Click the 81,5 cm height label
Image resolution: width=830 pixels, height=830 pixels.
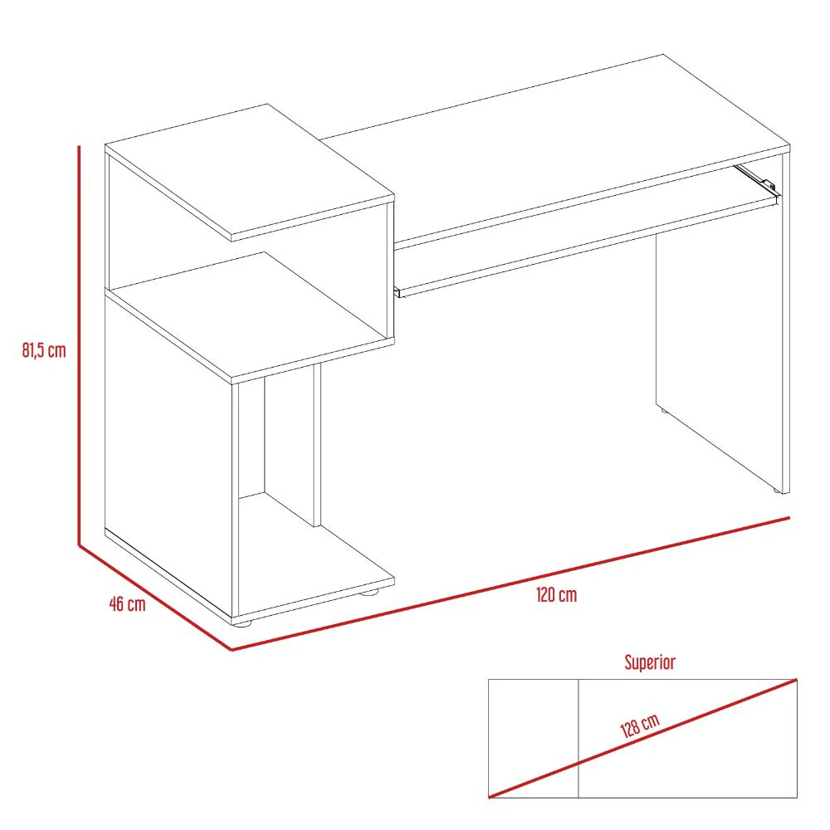pos(44,350)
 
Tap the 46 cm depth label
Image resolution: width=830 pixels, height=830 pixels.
pos(127,604)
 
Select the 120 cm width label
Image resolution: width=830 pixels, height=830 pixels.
pos(556,595)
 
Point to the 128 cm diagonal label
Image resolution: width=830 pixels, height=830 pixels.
pos(640,725)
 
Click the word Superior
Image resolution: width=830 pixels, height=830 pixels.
pos(650,662)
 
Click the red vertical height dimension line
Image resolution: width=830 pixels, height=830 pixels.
pos(79,345)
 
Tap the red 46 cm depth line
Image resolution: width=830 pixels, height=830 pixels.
pos(155,598)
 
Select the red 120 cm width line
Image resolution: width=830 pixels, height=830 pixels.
pos(510,583)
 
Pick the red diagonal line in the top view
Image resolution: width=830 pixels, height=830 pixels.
pos(642,739)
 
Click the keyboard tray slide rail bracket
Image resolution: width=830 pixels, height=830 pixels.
pos(757,179)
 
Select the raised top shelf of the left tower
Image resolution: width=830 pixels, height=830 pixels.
pos(250,170)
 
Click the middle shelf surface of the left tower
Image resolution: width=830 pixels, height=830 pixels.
pos(251,315)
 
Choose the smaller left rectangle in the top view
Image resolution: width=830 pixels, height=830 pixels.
pos(533,739)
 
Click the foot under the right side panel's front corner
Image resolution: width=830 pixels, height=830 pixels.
pos(777,491)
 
